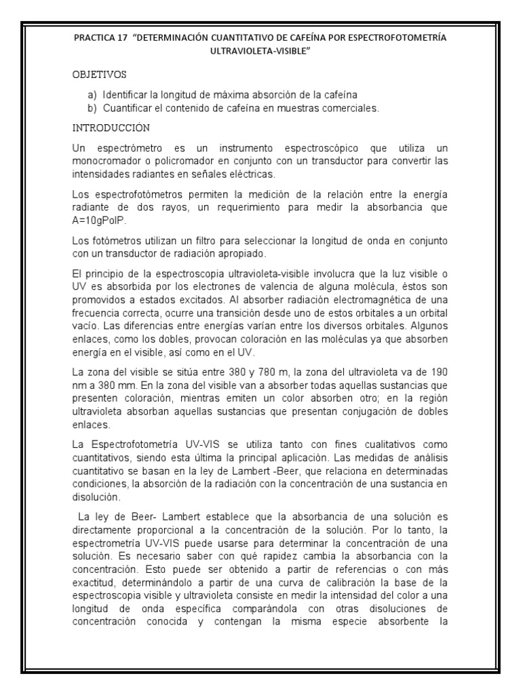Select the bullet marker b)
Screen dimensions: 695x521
click(x=92, y=107)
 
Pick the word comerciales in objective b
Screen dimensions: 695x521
click(x=351, y=107)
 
